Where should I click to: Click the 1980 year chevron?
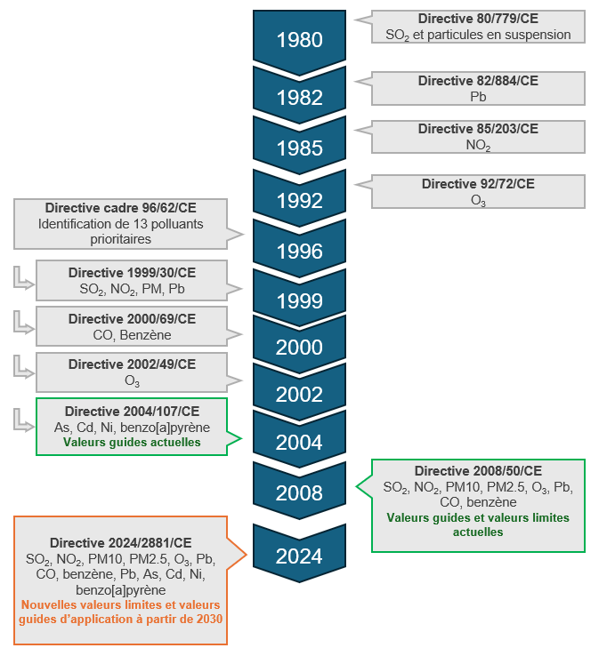299,40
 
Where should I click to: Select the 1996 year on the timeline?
299,251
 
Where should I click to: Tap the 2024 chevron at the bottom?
299,556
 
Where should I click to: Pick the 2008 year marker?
299,492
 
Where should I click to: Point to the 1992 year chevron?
299,200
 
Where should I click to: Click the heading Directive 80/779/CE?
478,19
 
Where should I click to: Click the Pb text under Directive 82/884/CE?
478,97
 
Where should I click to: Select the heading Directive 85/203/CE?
478,129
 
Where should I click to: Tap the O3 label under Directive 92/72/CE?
478,200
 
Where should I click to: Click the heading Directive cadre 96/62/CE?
121,208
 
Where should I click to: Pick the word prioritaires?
120,239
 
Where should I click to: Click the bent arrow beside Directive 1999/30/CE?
24,278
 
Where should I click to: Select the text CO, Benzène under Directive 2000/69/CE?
132,335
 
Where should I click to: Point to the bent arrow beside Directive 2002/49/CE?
24,367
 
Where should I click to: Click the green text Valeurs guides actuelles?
132,442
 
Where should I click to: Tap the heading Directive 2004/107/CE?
132,412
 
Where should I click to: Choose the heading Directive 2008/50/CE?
478,471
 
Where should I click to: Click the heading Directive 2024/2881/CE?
121,543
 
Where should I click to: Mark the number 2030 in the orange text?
209,620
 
